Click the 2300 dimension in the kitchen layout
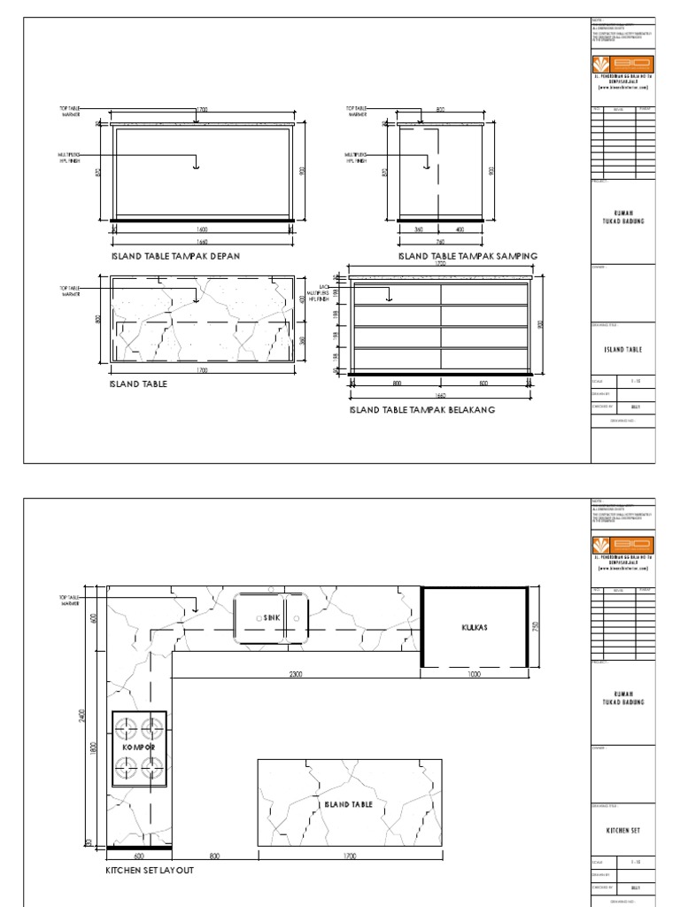pyautogui.click(x=296, y=674)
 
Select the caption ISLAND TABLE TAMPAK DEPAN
pyautogui.click(x=176, y=256)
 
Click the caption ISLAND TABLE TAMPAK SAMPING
pyautogui.click(x=467, y=256)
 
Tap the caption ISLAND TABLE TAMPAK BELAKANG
pyautogui.click(x=421, y=410)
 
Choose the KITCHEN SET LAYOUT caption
pyautogui.click(x=150, y=871)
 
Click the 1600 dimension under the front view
pyautogui.click(x=203, y=229)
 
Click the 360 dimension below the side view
pyautogui.click(x=419, y=229)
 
